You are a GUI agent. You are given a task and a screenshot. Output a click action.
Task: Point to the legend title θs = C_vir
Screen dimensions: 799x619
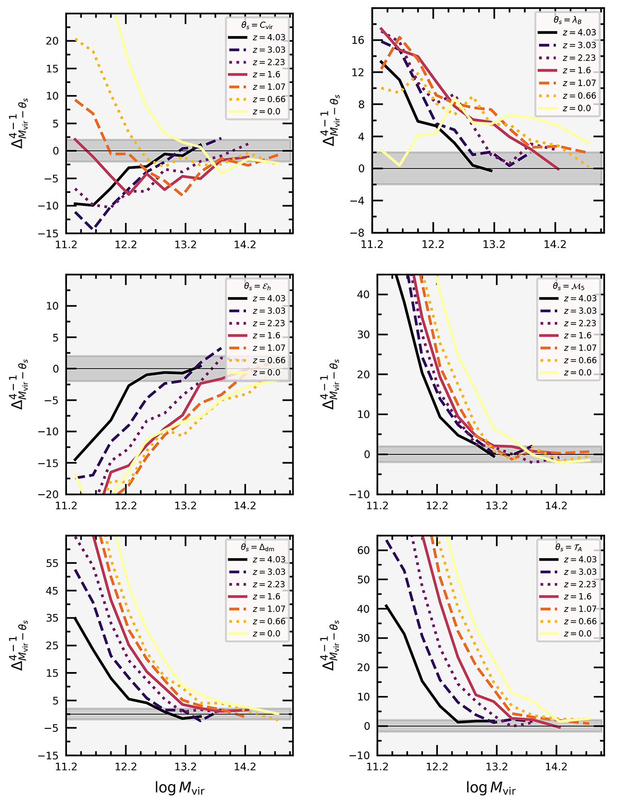click(256, 24)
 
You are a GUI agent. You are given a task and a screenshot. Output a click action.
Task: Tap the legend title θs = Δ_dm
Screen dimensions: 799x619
click(257, 547)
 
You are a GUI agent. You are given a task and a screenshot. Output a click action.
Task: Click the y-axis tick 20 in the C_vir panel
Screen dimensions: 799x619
click(53, 41)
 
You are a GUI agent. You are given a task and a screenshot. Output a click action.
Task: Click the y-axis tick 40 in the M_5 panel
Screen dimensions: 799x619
click(364, 295)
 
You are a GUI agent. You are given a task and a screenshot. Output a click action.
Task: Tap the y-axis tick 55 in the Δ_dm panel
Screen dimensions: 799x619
click(53, 563)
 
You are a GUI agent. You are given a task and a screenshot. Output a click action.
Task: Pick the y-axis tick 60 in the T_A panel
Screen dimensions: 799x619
click(364, 550)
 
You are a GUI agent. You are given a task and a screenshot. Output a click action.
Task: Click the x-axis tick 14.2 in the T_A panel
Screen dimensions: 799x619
click(556, 767)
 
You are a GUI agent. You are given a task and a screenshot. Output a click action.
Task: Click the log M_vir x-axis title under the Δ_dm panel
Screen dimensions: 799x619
click(180, 788)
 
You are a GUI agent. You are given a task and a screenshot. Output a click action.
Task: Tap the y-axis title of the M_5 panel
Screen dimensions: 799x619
click(331, 384)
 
